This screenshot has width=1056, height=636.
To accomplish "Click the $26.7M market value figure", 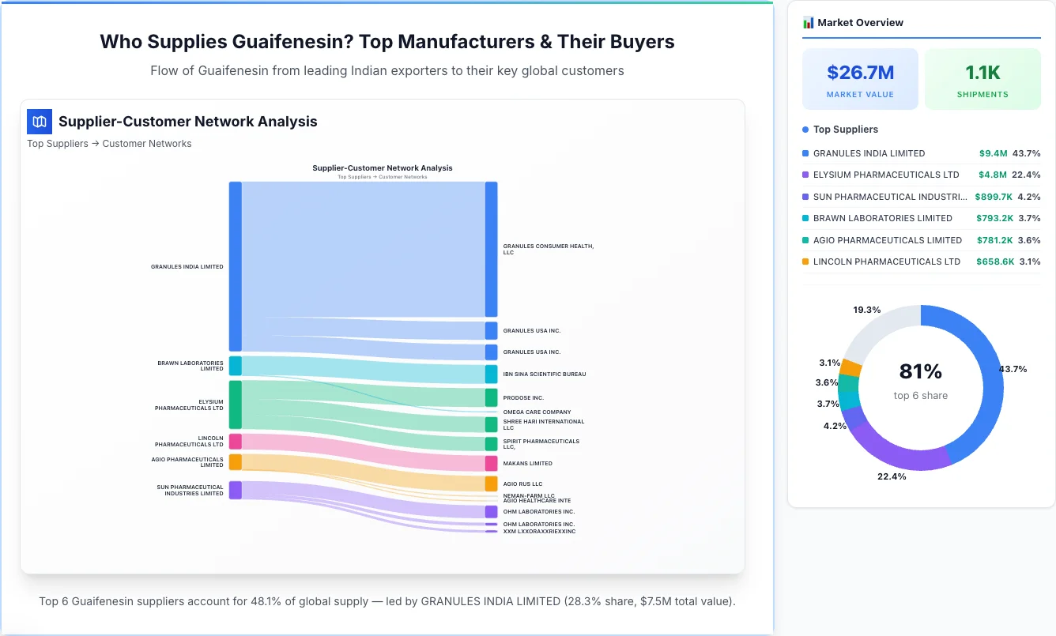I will pos(860,73).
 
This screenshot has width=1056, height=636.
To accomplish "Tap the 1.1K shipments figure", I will pos(982,73).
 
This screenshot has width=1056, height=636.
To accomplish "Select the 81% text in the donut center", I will pos(920,371).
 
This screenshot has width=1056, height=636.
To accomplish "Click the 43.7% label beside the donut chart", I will pos(1013,369).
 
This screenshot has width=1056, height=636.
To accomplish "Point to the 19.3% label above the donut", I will pos(866,310).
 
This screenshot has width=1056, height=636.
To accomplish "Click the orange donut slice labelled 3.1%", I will pos(850,367).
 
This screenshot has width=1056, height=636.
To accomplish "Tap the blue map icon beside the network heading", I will pos(39,122).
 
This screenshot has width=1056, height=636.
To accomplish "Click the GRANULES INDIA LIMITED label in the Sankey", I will pos(187,267).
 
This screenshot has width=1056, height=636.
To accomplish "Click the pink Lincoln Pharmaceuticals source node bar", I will pos(236,442).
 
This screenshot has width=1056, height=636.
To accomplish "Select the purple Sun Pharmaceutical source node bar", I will pos(236,490).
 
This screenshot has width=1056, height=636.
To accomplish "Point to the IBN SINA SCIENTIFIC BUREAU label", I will pos(544,374).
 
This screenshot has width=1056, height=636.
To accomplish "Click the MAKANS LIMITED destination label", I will pos(527,464).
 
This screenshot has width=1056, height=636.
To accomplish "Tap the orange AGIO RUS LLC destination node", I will pos(491,484).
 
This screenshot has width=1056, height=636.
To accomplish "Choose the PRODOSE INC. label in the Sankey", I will pos(523,398).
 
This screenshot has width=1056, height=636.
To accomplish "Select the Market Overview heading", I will pos(860,23).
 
